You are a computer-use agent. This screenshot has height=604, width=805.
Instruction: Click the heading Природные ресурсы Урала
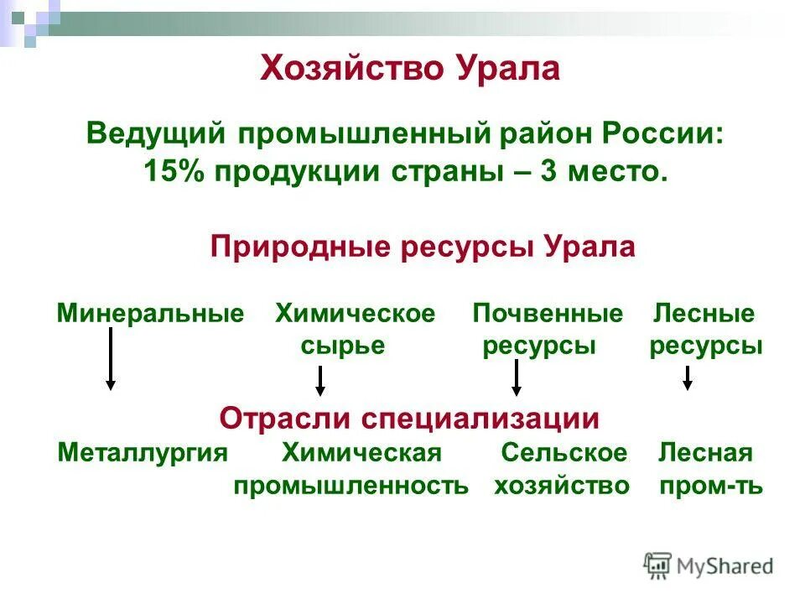423,247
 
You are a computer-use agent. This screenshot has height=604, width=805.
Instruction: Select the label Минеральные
150,315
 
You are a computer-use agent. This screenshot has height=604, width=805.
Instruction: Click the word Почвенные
548,315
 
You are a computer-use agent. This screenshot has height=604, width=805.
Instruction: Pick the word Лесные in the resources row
704,315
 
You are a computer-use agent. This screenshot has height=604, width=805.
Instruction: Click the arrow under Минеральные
111,359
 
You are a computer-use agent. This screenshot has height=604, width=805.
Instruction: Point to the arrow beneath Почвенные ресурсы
517,378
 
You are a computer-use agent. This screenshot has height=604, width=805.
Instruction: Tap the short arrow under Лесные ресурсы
688,377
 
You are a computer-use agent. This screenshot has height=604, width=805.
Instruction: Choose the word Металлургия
143,454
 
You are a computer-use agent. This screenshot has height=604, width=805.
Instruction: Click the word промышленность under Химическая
351,486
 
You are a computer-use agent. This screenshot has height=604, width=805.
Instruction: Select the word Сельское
564,454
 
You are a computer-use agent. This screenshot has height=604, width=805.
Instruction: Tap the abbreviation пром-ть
711,486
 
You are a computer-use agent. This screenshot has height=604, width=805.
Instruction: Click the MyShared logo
709,565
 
